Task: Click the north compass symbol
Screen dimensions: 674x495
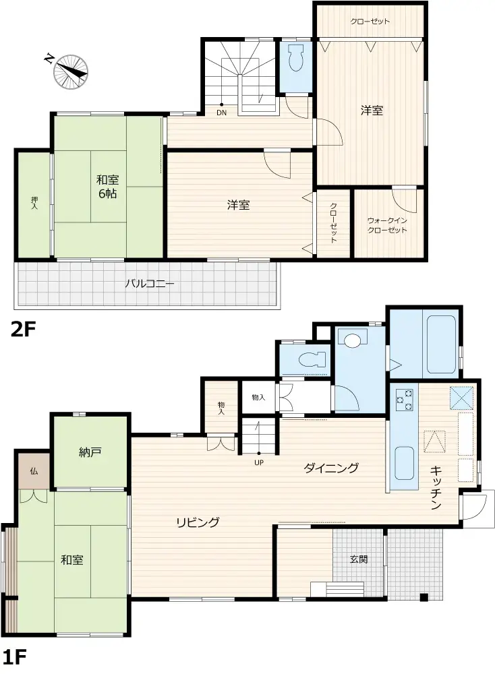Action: click(70, 70)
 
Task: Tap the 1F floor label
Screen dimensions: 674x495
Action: click(17, 656)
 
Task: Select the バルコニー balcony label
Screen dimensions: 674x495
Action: click(150, 284)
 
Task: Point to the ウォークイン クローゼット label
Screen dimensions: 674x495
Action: click(387, 225)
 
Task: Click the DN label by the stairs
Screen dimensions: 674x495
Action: click(221, 113)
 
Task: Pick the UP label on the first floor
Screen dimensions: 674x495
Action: click(259, 463)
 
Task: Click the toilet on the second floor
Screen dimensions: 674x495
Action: click(295, 61)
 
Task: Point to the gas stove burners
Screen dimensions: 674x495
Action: click(402, 401)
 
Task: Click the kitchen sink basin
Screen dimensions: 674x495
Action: click(403, 462)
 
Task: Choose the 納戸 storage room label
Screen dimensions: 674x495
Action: click(90, 452)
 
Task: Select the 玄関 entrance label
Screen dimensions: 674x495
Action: click(357, 559)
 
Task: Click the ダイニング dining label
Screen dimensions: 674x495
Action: click(330, 468)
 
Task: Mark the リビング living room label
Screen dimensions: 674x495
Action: click(198, 522)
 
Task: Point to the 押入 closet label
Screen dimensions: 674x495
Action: click(34, 203)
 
